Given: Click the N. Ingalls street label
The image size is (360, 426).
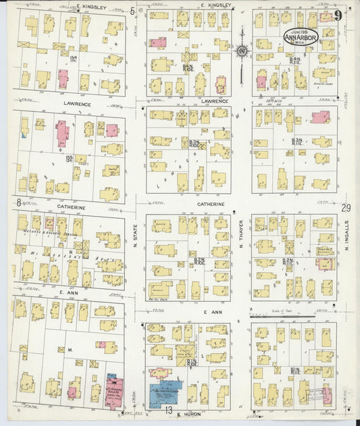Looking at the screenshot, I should (x=347, y=237).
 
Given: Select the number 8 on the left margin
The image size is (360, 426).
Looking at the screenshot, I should (x=18, y=201).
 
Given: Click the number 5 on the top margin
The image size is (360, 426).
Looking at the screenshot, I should (x=132, y=11).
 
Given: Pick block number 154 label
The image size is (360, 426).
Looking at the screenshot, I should (x=72, y=60).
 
